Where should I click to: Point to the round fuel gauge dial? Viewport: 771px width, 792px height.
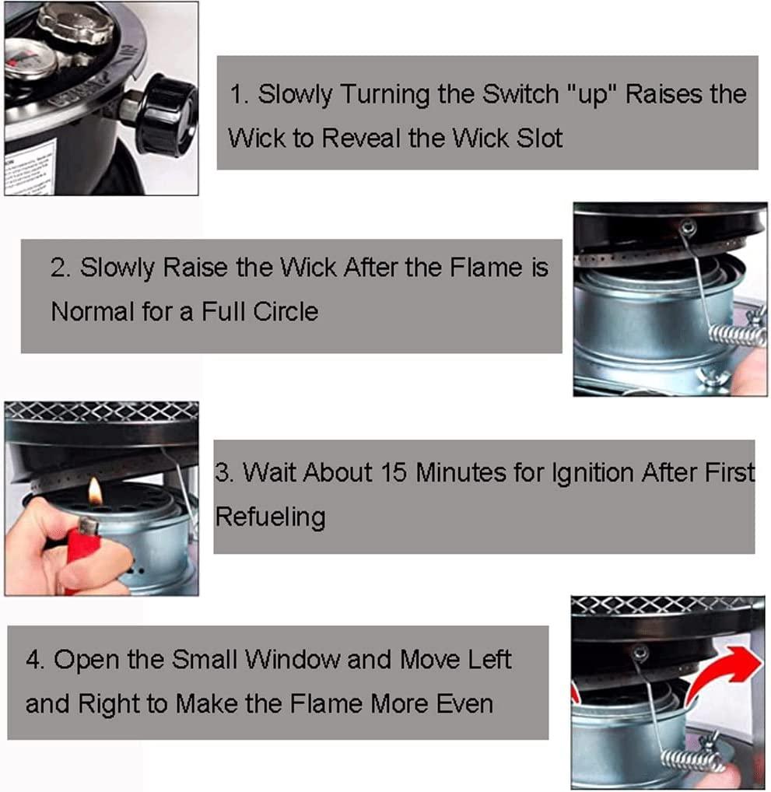(x=31, y=59)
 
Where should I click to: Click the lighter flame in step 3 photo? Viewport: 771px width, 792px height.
(x=94, y=492)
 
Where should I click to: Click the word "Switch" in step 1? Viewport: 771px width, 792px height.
(x=520, y=94)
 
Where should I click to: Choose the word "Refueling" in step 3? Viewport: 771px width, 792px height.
(x=270, y=517)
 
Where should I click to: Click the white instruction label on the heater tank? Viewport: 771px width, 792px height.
(x=30, y=168)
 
